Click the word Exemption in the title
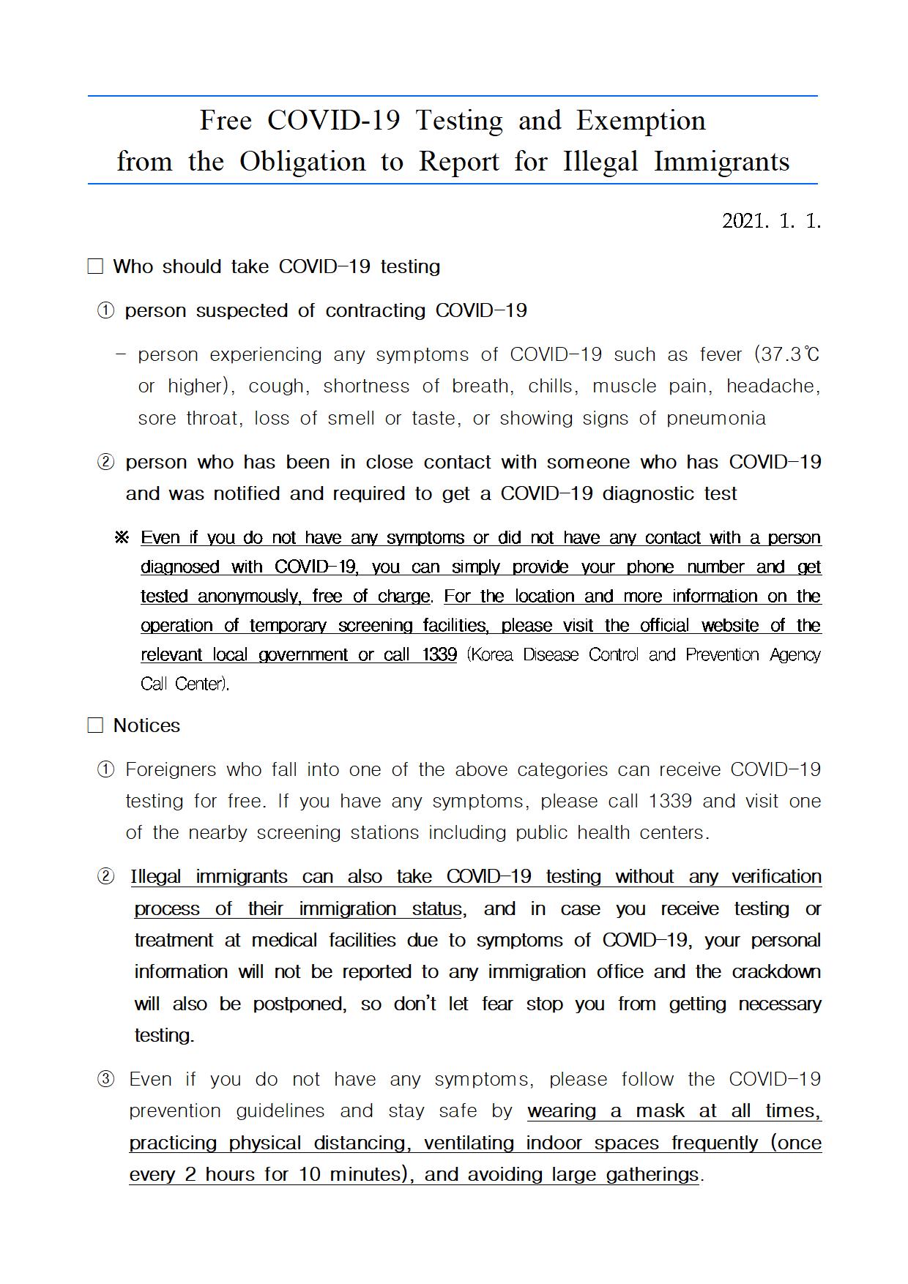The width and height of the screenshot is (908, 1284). (641, 122)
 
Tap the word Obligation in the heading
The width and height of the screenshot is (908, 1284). (302, 162)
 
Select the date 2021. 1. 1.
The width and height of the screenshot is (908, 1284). (771, 221)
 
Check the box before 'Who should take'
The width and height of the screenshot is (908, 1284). (95, 266)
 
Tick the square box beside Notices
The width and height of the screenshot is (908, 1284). (95, 725)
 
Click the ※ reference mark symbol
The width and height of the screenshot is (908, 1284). (122, 538)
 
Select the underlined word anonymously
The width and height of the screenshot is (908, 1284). (248, 597)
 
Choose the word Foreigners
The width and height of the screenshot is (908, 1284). (171, 770)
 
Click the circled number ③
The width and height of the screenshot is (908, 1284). (105, 1080)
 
